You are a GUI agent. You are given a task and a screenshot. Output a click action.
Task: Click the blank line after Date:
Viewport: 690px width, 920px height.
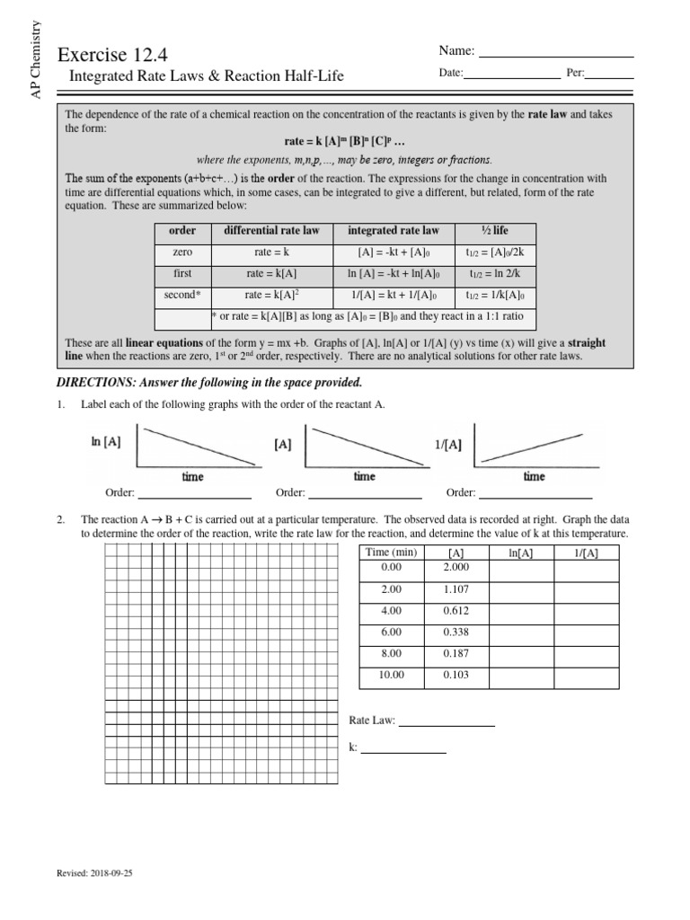click(x=509, y=77)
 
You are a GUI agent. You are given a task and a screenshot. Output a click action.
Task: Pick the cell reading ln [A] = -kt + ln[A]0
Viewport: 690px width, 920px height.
click(x=397, y=273)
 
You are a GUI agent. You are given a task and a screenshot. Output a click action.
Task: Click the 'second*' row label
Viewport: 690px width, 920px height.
click(x=182, y=295)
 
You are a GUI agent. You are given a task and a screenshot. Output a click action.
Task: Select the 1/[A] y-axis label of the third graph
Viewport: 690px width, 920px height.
click(x=447, y=444)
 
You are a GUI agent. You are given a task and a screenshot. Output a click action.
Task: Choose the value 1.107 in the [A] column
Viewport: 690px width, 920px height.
click(x=456, y=588)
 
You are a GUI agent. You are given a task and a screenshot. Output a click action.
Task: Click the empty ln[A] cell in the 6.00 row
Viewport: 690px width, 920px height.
click(x=520, y=632)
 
